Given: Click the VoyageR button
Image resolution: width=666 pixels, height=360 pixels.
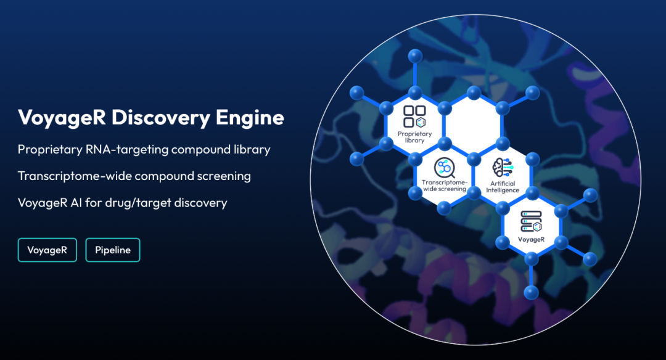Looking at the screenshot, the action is [47, 250].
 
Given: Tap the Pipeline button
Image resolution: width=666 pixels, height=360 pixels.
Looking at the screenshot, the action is [113, 250].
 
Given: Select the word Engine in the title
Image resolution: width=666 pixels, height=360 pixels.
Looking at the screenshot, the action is [253, 117].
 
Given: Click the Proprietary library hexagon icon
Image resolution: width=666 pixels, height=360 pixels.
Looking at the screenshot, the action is [414, 117].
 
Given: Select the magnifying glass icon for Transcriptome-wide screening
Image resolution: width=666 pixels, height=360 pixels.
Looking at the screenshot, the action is [443, 168].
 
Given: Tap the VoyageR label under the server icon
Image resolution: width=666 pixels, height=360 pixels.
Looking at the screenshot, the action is [531, 239].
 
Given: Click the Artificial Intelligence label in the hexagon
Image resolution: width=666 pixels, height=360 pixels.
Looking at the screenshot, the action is [504, 187].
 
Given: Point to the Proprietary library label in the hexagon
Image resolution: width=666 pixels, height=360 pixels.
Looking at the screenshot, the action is [414, 137].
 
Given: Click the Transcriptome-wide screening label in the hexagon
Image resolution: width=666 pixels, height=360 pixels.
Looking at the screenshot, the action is [443, 185].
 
